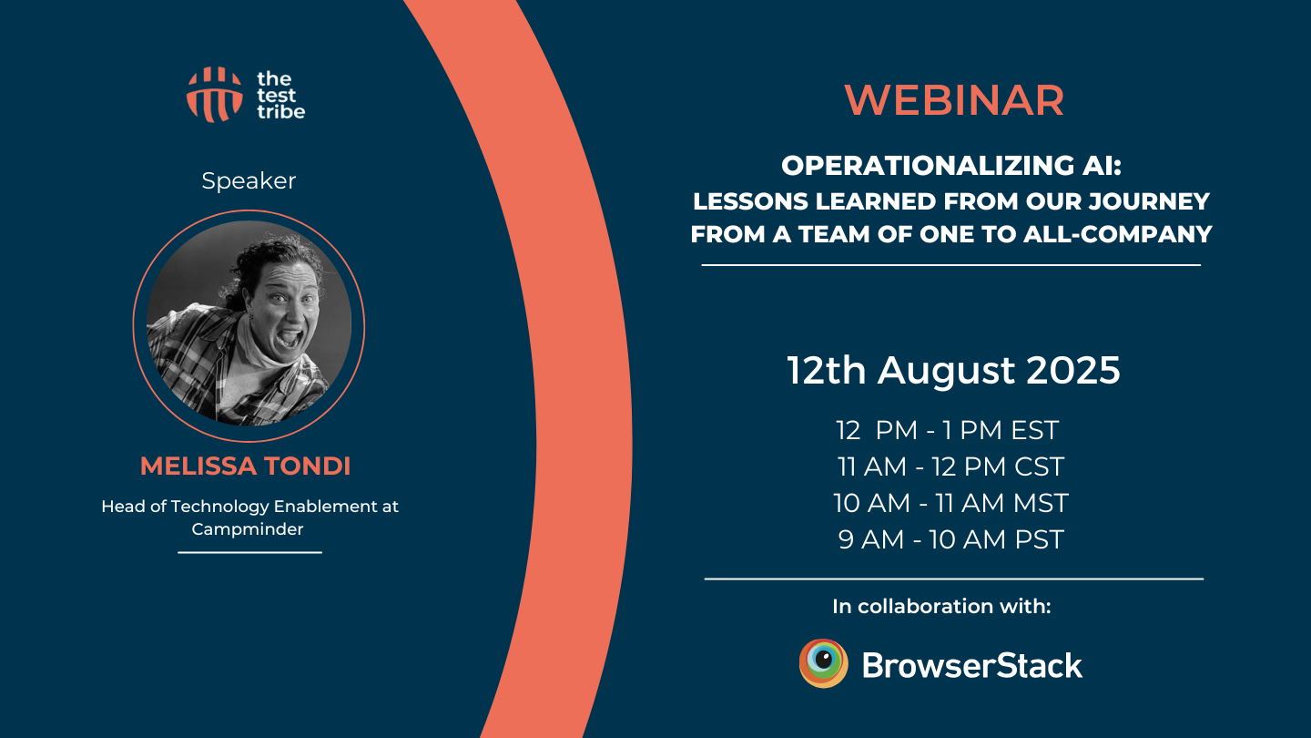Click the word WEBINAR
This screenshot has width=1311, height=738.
(954, 100)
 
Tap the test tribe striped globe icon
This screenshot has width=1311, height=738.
(214, 95)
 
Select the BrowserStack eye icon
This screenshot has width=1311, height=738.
(823, 663)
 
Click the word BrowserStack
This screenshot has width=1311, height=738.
(972, 666)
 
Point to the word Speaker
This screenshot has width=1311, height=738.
(249, 181)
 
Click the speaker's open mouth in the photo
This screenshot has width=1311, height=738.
(290, 338)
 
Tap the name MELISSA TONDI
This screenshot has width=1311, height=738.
(245, 466)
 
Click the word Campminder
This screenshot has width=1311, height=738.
(248, 528)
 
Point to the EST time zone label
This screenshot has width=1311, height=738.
(1035, 430)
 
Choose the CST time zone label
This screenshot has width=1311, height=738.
(1039, 466)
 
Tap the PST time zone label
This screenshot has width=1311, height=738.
(1039, 539)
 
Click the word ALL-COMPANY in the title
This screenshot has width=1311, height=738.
(1118, 234)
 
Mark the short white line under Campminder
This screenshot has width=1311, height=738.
(249, 552)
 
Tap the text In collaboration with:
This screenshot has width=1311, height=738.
(941, 606)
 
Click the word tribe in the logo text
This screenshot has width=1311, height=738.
(281, 111)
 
